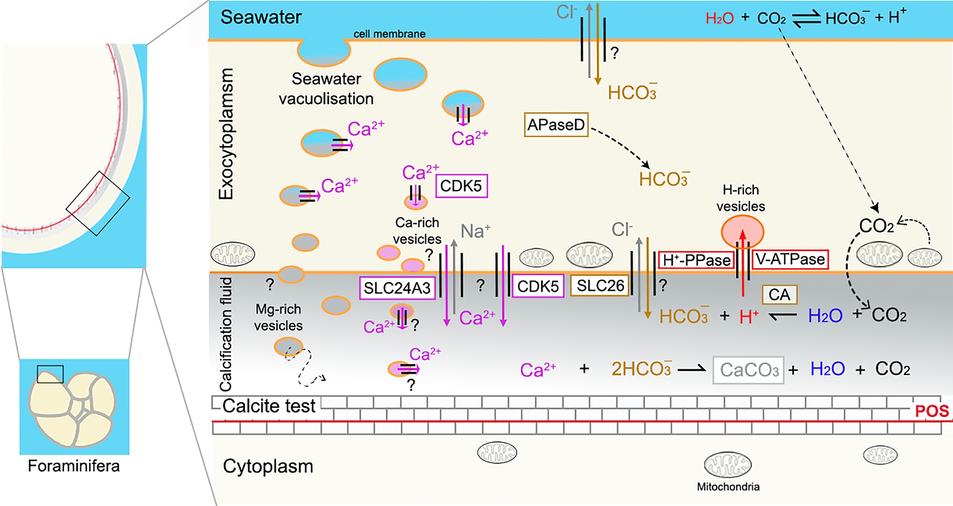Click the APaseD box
point(556,125)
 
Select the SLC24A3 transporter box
point(397,288)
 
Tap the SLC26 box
point(600,285)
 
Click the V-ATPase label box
point(790,259)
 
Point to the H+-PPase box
point(696,260)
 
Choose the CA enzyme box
point(779,295)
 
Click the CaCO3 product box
point(749,370)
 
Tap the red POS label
point(932,411)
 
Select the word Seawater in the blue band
point(261,18)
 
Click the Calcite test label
point(269,406)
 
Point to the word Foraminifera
point(73,466)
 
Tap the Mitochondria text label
point(728,486)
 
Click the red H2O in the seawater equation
point(720,19)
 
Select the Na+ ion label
point(475,231)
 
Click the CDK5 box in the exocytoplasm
point(461,186)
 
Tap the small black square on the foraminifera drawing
point(50,374)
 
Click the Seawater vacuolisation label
point(326,89)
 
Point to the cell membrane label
point(389,34)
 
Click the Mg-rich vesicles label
point(278,317)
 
